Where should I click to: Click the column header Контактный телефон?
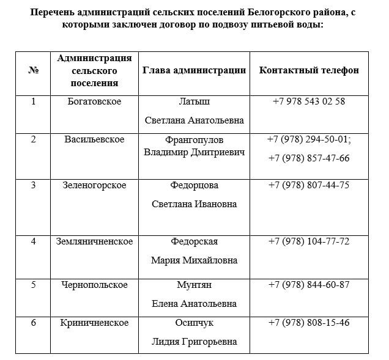coord(309,70)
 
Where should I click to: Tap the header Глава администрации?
coord(194,70)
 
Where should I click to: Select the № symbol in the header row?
coord(34,70)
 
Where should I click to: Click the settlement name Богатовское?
coord(94,101)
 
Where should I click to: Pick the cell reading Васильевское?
coord(94,139)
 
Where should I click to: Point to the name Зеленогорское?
coord(94,185)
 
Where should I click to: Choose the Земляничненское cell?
coord(94,241)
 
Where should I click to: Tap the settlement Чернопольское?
coord(94,285)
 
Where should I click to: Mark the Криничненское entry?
coord(94,323)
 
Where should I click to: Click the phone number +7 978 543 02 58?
coord(309,101)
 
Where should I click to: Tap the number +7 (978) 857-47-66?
coord(309,158)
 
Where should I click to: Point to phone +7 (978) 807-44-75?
coord(309,185)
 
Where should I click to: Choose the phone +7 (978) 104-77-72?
coord(309,241)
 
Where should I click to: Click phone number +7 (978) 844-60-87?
coord(309,285)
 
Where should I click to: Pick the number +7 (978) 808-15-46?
coord(309,323)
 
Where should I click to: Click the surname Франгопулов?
coord(194,139)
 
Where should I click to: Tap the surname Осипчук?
coord(194,323)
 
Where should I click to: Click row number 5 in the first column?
coord(34,285)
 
